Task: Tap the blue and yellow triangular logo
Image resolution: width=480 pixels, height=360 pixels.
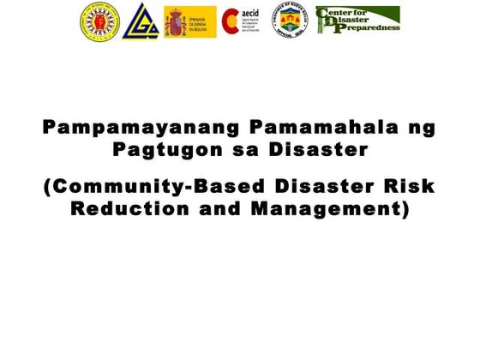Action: [x=140, y=21]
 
